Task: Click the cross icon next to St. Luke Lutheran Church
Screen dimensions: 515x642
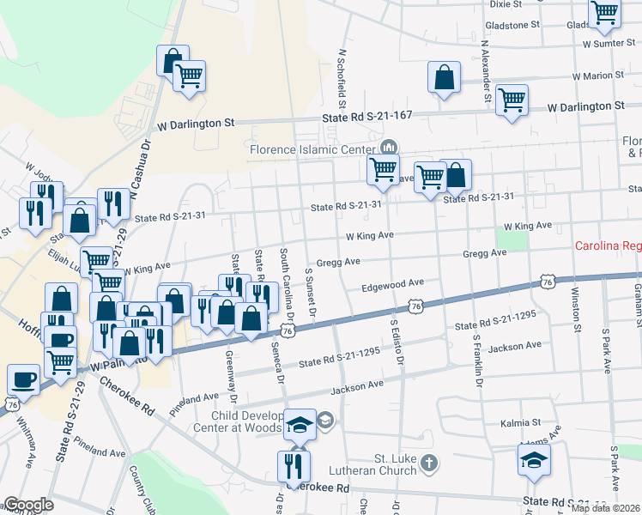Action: (x=430, y=464)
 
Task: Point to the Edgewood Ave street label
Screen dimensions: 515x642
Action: (x=393, y=283)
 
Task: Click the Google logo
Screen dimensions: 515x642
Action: (x=28, y=505)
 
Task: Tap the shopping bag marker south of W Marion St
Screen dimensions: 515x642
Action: (x=445, y=79)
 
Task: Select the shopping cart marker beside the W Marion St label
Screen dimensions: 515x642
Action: (x=512, y=100)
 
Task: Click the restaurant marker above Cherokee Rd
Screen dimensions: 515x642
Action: (x=294, y=467)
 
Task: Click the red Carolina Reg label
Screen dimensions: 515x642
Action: (x=608, y=246)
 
